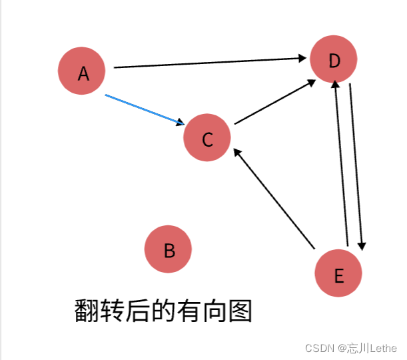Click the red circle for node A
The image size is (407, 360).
[x=82, y=71]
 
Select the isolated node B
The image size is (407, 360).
[x=168, y=249]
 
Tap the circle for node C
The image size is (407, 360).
[x=207, y=138]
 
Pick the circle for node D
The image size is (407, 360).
[x=334, y=59]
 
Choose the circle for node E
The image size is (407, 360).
[x=338, y=273]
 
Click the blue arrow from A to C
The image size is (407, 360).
[x=143, y=109]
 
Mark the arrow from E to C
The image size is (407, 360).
[x=273, y=198]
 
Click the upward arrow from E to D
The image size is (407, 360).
[x=341, y=163]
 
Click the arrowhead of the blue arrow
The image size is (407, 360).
[x=181, y=123]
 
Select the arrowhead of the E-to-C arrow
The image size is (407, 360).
[x=236, y=153]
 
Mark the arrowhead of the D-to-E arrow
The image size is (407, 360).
[x=362, y=246]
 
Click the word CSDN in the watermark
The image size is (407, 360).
[x=319, y=348]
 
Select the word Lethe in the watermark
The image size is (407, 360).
[x=383, y=348]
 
